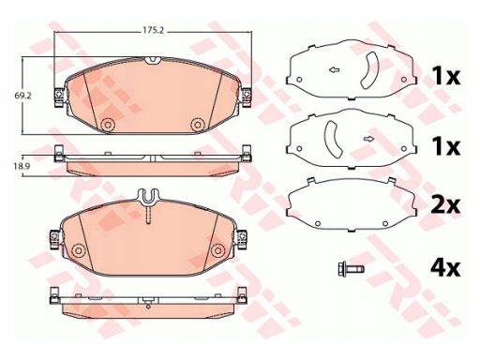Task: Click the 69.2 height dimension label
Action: [x=22, y=96]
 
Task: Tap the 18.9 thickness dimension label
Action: [x=22, y=166]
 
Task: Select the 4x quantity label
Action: [x=445, y=268]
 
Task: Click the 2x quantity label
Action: [x=445, y=205]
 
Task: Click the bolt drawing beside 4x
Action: [x=351, y=269]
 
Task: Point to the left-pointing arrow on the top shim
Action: [x=335, y=70]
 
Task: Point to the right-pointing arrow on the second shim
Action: [x=369, y=139]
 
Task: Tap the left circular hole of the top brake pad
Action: [x=108, y=125]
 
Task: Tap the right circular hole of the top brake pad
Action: [x=198, y=125]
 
